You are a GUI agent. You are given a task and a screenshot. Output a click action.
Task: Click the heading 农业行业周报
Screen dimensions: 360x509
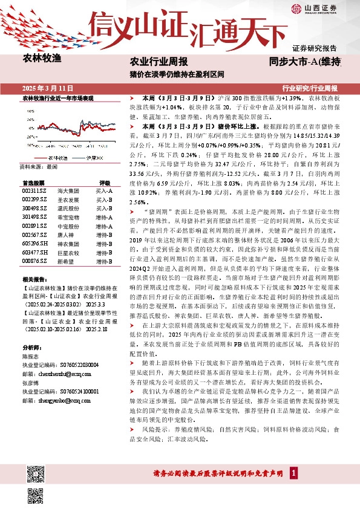(159, 62)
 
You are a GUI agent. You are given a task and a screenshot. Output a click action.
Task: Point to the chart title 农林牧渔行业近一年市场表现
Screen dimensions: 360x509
(58, 97)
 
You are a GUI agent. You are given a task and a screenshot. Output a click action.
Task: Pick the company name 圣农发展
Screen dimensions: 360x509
(65, 199)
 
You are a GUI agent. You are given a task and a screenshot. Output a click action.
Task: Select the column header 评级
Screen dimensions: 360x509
(104, 182)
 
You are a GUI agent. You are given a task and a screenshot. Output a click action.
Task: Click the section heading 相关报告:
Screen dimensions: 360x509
(35, 280)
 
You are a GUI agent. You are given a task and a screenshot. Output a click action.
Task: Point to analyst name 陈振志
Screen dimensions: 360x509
(30, 357)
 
